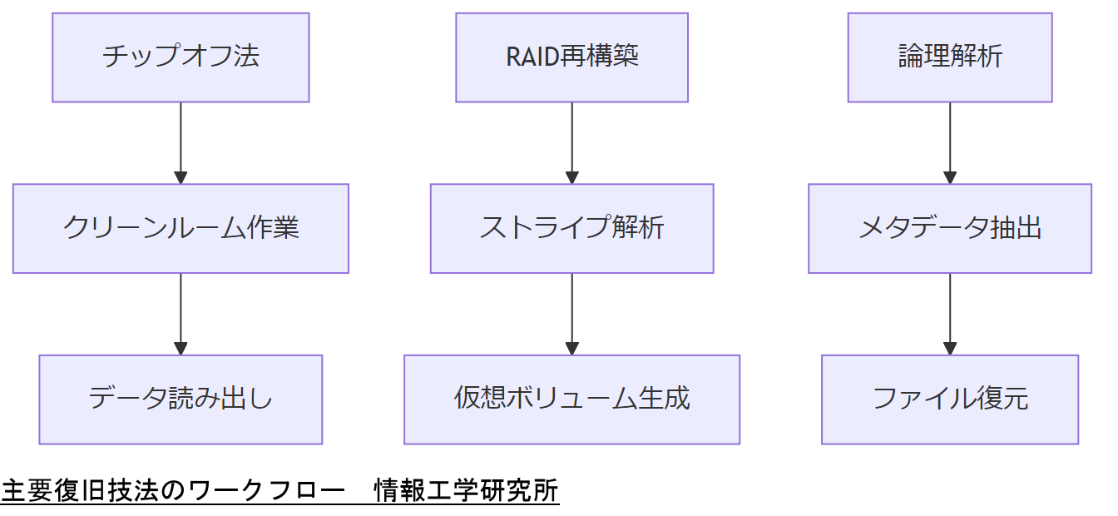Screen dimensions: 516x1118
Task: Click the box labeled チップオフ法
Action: pos(181,57)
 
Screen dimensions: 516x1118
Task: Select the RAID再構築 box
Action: pos(571,57)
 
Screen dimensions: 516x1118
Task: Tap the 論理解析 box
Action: pos(950,57)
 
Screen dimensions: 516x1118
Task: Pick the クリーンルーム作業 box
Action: pos(181,228)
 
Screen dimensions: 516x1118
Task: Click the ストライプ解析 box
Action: pos(571,228)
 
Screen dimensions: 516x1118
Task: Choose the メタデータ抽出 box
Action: pos(950,228)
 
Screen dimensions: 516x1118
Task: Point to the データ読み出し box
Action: pos(181,399)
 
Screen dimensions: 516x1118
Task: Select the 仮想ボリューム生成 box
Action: pos(571,399)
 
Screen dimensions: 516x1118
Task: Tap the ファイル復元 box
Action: pos(950,399)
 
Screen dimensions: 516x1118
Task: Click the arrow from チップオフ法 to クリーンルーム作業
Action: pos(181,141)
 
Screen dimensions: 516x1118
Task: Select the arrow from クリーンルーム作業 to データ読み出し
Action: pos(181,313)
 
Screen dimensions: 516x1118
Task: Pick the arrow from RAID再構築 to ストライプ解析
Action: pos(571,141)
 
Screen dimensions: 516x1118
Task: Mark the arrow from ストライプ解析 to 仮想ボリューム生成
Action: pos(571,313)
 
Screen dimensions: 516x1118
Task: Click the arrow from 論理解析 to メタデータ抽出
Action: pos(950,141)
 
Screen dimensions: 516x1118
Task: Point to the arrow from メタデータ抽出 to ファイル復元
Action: pos(950,313)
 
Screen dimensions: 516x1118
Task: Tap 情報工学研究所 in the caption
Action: pos(466,491)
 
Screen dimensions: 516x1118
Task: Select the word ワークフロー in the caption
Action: pos(266,491)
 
